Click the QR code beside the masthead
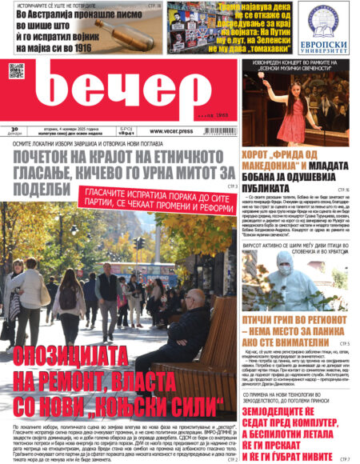[16, 70]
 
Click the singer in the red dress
[286, 108]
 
